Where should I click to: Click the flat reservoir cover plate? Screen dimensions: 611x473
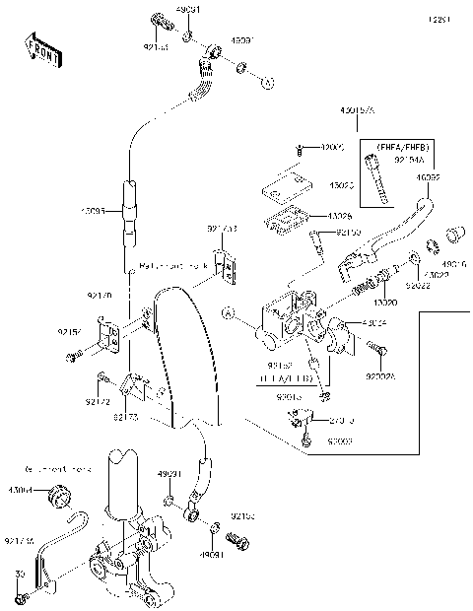[x=286, y=184]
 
